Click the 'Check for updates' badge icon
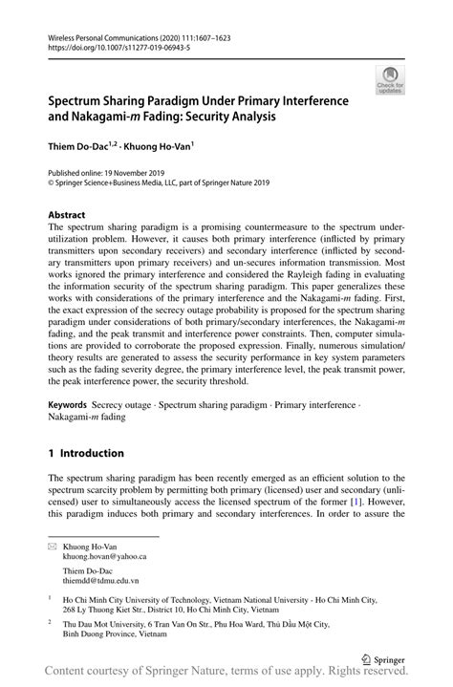pos(391,80)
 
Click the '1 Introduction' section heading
pos(86,453)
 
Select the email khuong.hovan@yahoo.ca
pos(104,555)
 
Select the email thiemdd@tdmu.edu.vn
pos(100,580)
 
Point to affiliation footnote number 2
pos(50,620)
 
